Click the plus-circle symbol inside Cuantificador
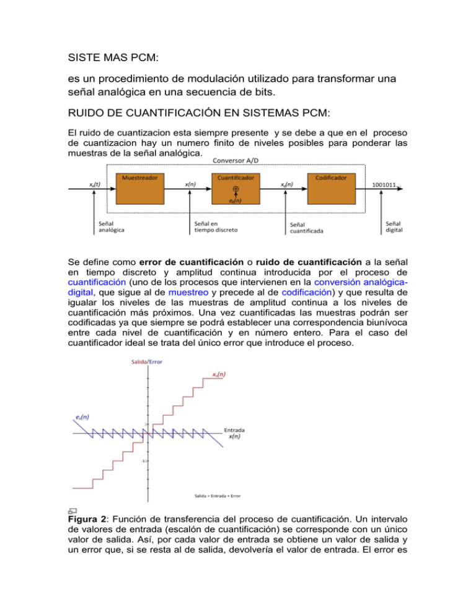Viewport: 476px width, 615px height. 236,189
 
